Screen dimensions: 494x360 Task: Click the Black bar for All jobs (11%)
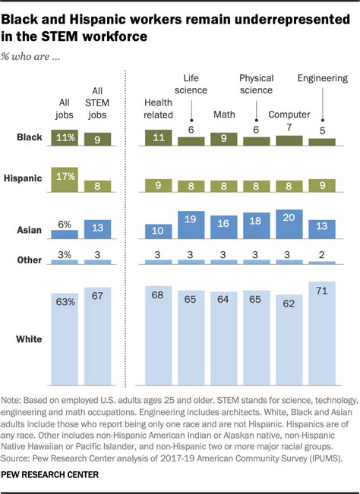click(64, 137)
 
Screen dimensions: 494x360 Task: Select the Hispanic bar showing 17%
click(64, 180)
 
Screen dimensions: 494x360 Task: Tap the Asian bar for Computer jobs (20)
click(289, 225)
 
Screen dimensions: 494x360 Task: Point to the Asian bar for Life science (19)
click(191, 227)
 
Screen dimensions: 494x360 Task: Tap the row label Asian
click(30, 230)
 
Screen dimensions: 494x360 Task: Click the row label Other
click(29, 260)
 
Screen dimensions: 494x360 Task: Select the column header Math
click(223, 115)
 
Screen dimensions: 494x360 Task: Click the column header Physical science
click(256, 83)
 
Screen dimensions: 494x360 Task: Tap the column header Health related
click(159, 109)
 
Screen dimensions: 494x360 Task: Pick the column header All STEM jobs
click(98, 103)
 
